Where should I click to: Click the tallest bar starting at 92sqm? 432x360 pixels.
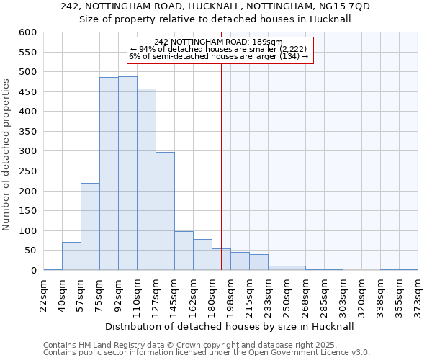[x=127, y=174]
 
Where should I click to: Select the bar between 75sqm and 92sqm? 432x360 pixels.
[x=109, y=174]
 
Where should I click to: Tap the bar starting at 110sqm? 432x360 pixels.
[x=146, y=179]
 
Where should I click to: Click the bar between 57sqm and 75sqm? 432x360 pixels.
[x=90, y=227]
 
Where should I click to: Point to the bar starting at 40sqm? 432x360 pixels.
[x=71, y=256]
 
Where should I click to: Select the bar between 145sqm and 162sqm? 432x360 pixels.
[x=184, y=251]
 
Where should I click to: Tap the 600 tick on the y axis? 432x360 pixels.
[x=27, y=32]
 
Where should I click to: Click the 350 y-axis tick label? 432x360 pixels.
[x=27, y=132]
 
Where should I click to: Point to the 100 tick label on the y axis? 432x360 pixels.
[x=27, y=231]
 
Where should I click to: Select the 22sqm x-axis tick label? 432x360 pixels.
[x=44, y=295]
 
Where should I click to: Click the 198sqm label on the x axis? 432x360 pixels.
[x=230, y=295]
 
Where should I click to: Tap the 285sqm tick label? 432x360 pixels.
[x=324, y=295]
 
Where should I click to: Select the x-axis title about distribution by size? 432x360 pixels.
[x=230, y=326]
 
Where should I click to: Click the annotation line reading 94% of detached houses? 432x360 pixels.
[x=220, y=49]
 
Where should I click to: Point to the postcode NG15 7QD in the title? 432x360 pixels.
[x=348, y=6]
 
